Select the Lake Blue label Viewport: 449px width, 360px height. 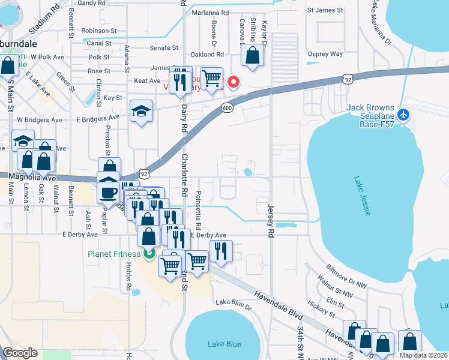pos(224,344)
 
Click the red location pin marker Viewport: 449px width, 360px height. pos(233,82)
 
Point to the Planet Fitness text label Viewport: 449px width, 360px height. pos(113,254)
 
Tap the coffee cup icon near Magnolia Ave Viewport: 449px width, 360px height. pos(109,193)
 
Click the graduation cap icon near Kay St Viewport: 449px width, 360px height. pos(141,110)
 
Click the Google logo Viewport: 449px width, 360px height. pos(20,353)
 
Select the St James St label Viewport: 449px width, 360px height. pos(325,10)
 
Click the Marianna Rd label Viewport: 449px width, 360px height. pos(211,12)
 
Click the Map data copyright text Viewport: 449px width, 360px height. pos(423,355)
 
